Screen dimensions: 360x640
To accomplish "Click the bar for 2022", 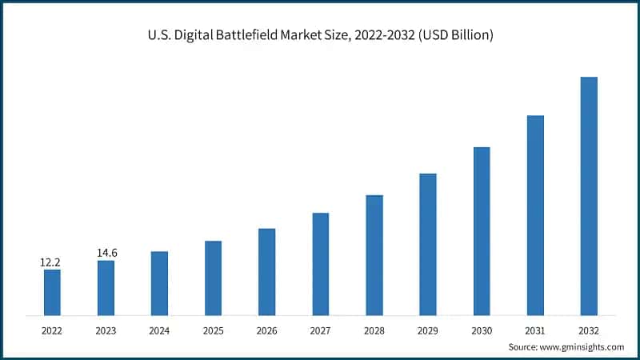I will [x=52, y=292].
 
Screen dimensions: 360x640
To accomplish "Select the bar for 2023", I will [x=106, y=288].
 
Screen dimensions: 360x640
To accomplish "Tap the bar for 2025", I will [x=213, y=278].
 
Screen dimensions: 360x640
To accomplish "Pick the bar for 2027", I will [x=320, y=264].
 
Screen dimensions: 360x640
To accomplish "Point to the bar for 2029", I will [x=428, y=244].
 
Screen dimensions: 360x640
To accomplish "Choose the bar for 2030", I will [x=482, y=231].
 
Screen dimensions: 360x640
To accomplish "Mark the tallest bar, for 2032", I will [x=589, y=196].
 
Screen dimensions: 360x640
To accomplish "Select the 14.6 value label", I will [x=106, y=253].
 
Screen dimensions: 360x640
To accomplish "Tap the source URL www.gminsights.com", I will [x=584, y=346].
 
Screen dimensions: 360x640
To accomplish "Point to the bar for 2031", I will [x=535, y=215].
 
